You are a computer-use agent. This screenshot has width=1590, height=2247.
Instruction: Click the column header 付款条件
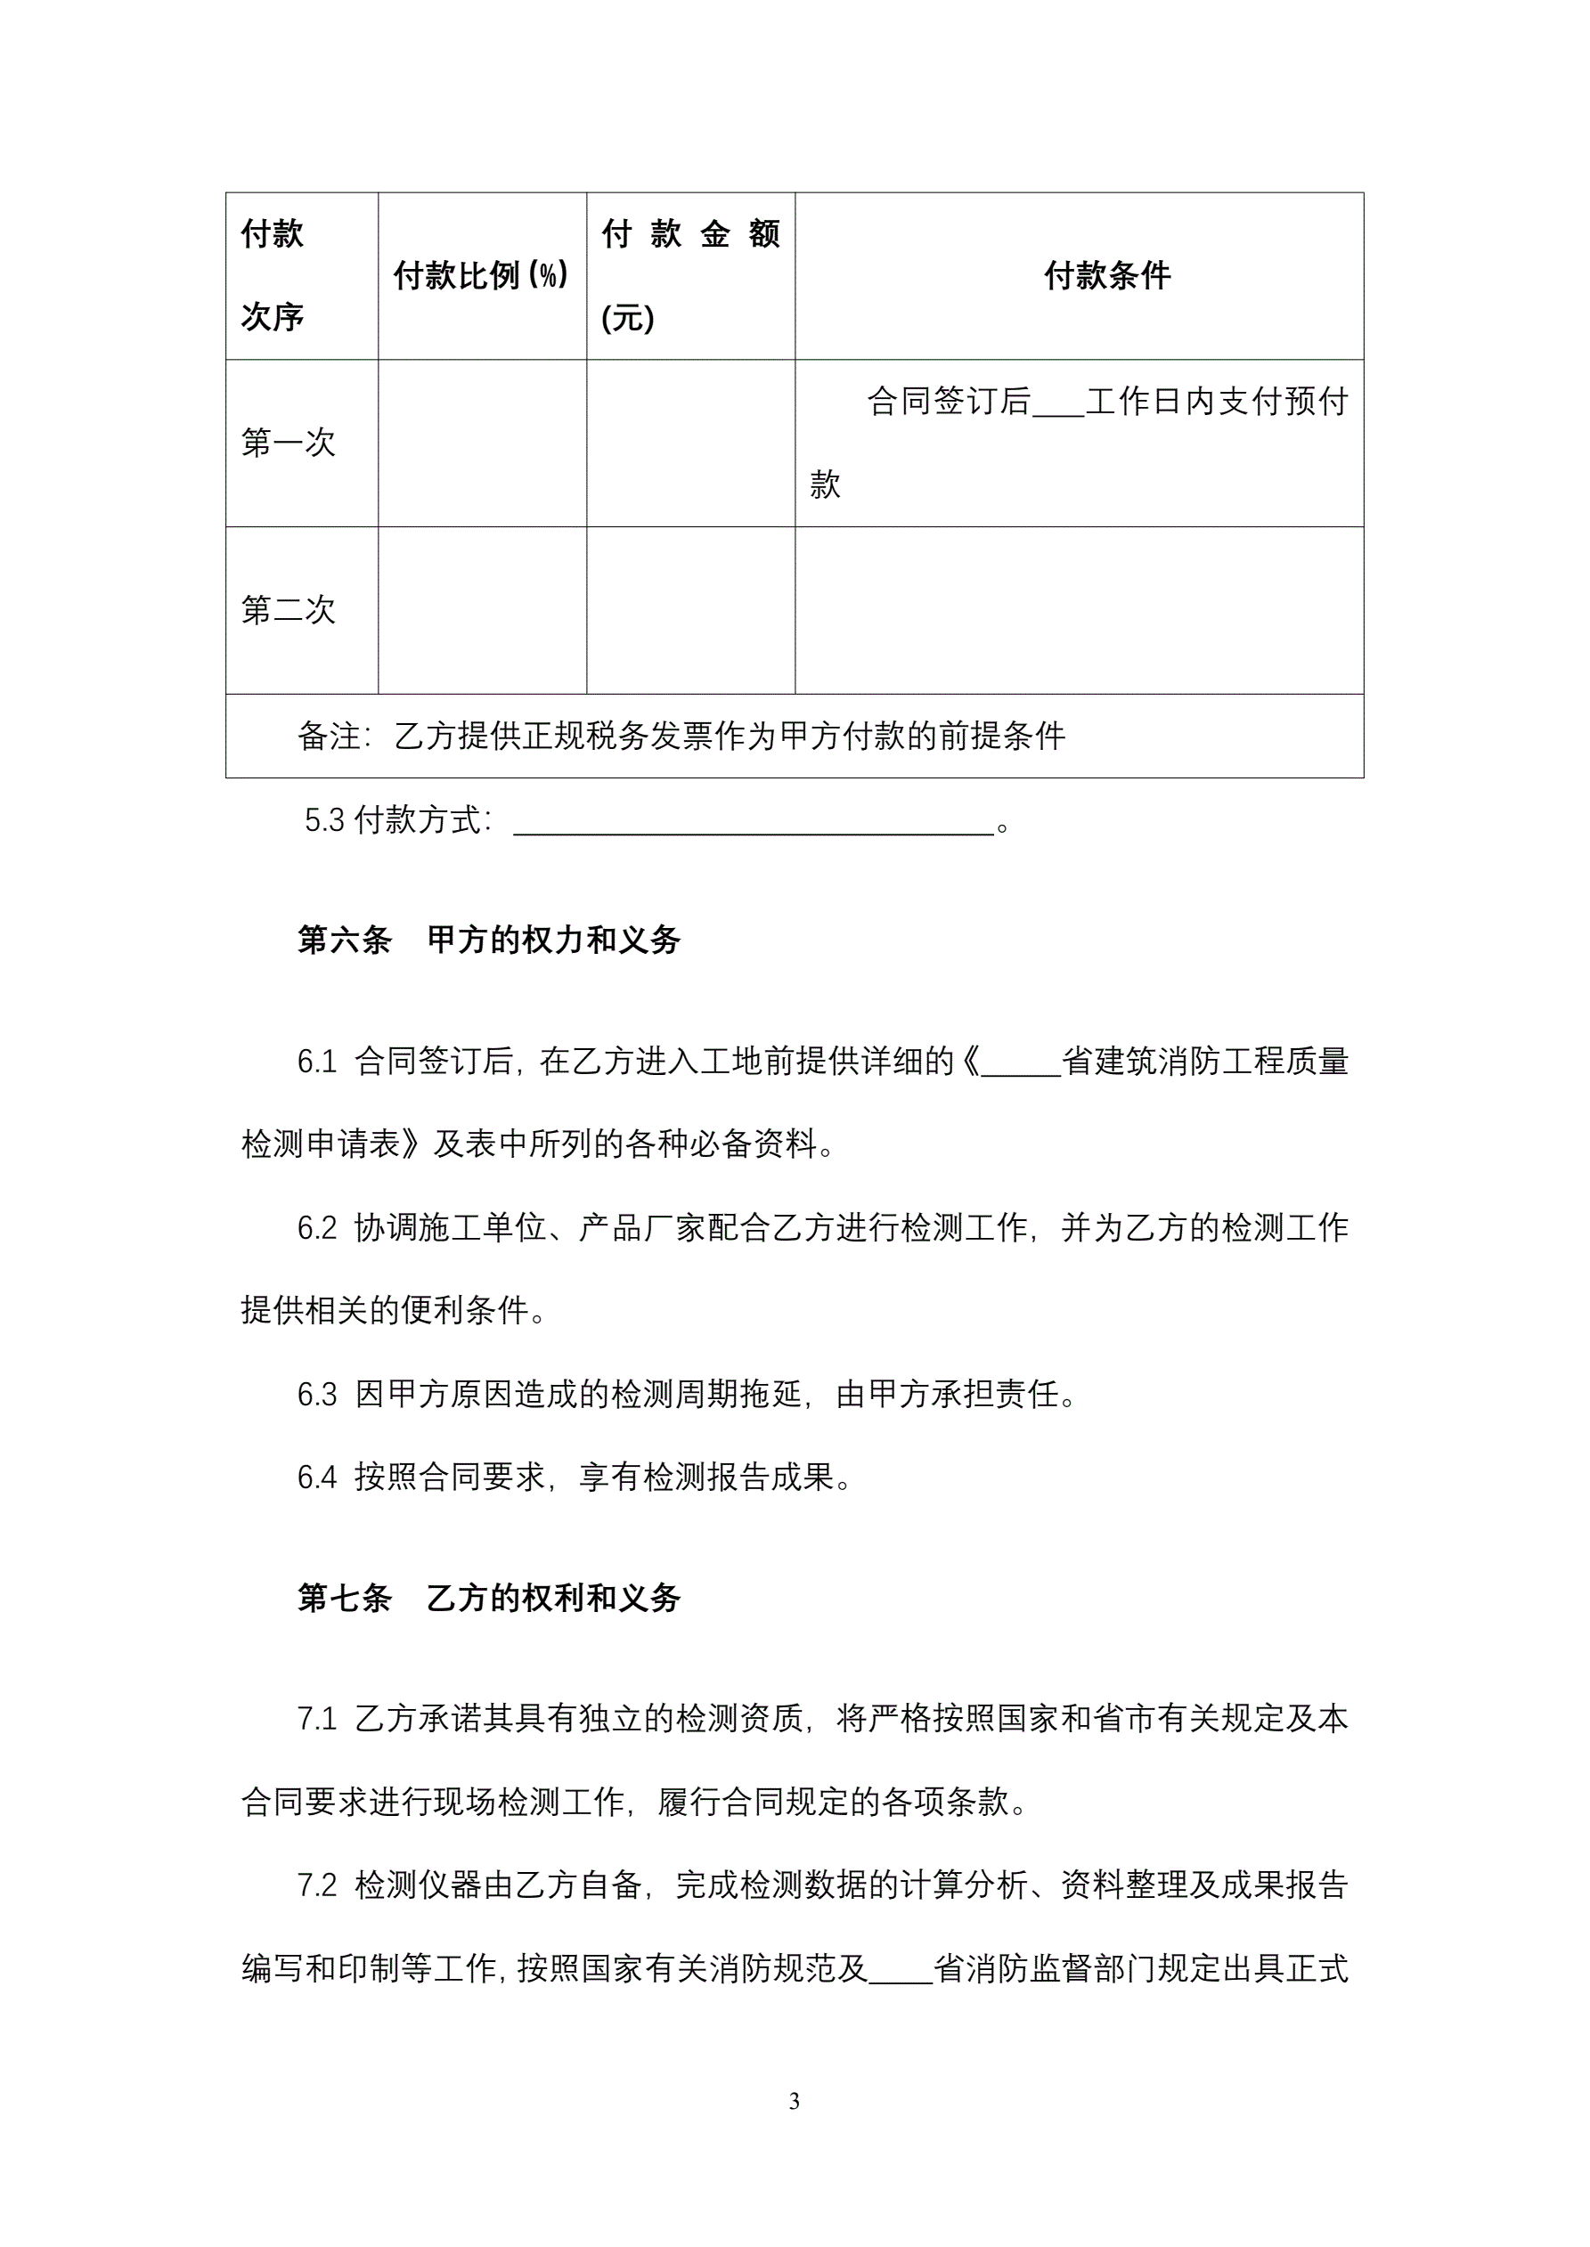tap(1106, 276)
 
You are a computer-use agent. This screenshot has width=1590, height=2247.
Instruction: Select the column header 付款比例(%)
tap(481, 276)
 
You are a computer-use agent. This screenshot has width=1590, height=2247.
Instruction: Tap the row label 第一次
tap(289, 444)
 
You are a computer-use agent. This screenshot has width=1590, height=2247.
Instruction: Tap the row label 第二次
tap(289, 611)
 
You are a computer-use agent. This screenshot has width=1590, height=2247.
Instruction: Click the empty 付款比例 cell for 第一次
tap(482, 444)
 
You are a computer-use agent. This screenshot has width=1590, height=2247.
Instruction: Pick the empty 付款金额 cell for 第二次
tap(690, 611)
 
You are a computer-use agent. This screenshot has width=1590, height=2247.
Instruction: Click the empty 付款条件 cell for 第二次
tap(1079, 611)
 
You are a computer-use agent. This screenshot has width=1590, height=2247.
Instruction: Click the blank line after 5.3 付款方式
tap(754, 822)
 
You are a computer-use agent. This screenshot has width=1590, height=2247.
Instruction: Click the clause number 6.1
tap(316, 1062)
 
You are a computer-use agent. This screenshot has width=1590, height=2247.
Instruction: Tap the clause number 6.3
tap(316, 1395)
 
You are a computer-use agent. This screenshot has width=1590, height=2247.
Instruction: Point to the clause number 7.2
tap(316, 1885)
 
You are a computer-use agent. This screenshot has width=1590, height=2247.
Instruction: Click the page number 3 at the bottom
tap(794, 2101)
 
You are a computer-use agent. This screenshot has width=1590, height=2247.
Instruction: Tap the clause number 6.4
tap(316, 1478)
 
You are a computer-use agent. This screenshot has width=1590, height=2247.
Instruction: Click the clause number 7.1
tap(316, 1719)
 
